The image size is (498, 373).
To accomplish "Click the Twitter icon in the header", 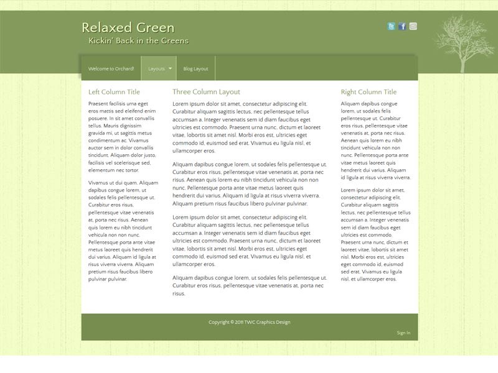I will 391,26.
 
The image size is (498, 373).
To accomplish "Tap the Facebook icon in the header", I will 402,26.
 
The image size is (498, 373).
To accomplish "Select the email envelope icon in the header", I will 413,26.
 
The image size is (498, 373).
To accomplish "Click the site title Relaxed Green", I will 128,28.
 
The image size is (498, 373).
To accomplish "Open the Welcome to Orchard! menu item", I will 111,68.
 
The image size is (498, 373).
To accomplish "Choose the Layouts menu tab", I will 156,68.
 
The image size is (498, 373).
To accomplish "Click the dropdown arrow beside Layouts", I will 170,68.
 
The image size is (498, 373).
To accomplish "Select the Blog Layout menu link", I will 195,68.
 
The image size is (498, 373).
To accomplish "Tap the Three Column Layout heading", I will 206,92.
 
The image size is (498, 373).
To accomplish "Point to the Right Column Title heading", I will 369,92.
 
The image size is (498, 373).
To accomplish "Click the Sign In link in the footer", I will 403,333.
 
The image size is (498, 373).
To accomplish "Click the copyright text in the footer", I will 249,322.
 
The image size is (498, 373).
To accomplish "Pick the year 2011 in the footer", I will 238,322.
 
